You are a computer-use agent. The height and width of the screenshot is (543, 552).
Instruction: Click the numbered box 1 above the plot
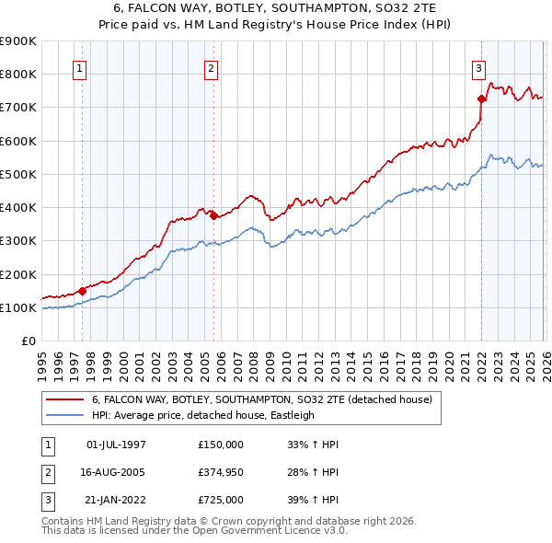[80, 68]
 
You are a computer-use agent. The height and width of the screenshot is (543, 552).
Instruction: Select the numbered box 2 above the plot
[212, 68]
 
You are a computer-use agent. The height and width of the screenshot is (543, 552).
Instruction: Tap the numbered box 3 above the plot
[479, 68]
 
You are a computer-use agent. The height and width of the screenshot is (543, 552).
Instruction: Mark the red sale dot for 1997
[82, 291]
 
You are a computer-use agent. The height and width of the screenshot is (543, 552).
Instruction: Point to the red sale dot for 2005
[214, 215]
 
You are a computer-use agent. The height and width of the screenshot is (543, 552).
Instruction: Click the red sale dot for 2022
[481, 98]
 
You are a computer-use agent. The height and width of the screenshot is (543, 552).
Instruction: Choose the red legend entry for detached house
[268, 400]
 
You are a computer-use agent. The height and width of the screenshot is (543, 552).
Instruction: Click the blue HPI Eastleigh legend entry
[202, 415]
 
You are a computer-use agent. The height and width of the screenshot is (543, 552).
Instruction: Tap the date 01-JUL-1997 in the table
[116, 444]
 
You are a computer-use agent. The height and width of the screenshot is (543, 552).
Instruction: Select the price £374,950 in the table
[221, 472]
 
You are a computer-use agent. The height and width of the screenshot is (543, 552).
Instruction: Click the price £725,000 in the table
[221, 500]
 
